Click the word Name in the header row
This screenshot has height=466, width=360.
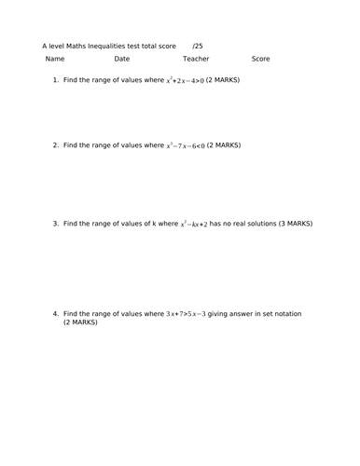coord(55,59)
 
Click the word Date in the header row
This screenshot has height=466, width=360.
coord(122,59)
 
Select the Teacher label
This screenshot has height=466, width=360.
coord(197,59)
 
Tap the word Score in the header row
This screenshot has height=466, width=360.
coord(261,59)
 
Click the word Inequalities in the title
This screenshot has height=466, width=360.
coord(123,45)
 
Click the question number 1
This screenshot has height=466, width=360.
coord(56,80)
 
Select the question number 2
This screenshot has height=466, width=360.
coord(56,145)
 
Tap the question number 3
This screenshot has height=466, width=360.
coord(56,224)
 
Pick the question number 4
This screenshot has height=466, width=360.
coord(56,313)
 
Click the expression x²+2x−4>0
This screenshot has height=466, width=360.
coord(194,80)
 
